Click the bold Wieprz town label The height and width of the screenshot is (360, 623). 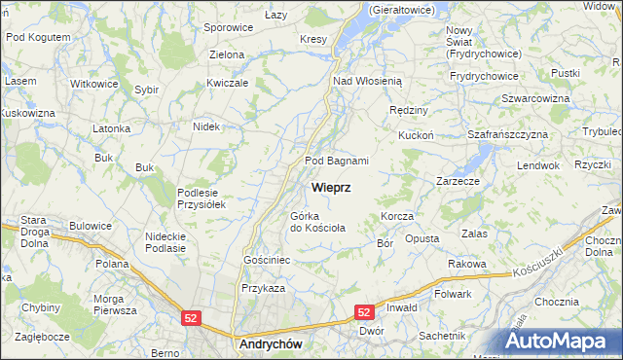pos(331,187)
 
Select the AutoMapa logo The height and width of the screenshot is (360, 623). pos(563,342)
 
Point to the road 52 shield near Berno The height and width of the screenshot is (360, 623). pos(192,318)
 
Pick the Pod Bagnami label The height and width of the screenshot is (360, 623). pos(337,161)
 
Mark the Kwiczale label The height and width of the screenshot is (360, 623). pos(228,83)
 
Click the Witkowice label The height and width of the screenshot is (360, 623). pos(93,84)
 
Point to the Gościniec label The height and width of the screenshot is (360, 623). pos(268,261)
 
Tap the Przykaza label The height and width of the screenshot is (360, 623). pos(263,289)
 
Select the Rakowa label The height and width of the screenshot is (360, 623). pos(467,264)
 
